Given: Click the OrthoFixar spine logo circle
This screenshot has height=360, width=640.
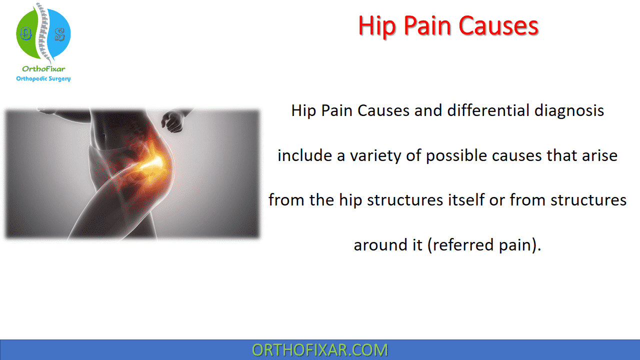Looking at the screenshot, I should click(43, 34).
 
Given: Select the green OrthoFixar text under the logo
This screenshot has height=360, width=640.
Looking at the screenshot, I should click(43, 69).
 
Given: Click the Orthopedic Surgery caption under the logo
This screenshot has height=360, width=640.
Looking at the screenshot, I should click(43, 78).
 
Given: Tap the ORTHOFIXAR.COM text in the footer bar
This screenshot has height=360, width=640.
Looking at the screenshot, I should click(320, 350).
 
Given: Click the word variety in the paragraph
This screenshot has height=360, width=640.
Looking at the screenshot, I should click(366, 155).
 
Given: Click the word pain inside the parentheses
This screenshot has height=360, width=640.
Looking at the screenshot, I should click(515, 245).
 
